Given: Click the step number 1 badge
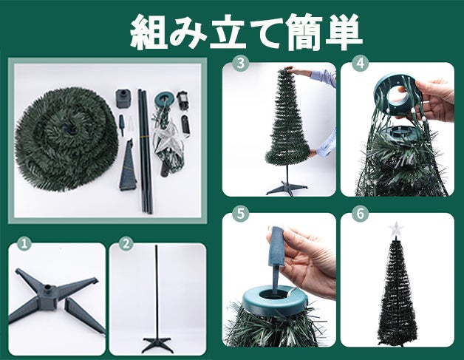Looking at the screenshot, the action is click(24, 243).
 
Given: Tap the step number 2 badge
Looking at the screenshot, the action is click(126, 243).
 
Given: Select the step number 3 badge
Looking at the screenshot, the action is click(241, 64).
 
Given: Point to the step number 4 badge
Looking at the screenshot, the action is click(360, 64).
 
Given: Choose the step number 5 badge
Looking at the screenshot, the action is click(241, 214).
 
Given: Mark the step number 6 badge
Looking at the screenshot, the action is click(360, 214).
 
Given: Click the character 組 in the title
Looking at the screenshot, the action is click(149, 31).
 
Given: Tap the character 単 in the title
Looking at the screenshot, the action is click(344, 31).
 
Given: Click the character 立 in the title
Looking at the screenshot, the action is click(228, 31).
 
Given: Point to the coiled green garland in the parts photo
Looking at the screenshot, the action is click(66, 138).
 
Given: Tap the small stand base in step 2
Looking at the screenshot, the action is click(157, 344).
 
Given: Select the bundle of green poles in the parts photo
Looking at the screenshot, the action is click(146, 151).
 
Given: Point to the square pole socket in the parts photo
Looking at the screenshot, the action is click(123, 98).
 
